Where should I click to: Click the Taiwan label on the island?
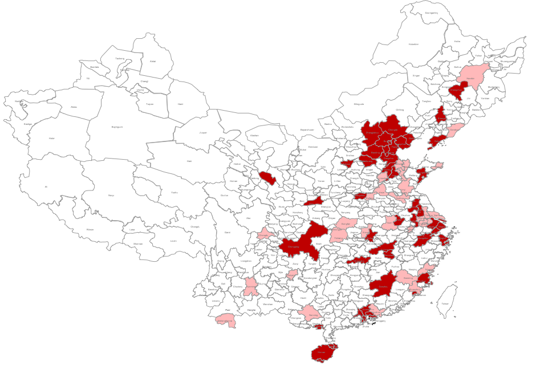point(444,304)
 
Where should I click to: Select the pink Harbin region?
point(470,78)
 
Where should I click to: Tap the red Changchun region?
point(457,90)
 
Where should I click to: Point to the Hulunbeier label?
point(413,44)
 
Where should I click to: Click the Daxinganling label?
point(432,13)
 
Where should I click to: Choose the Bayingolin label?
point(117,127)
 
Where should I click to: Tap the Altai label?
point(152,61)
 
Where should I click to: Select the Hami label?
point(181,104)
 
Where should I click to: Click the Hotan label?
point(52,138)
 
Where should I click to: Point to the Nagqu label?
point(111,196)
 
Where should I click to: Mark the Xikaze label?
point(90,229)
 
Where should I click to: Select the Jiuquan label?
point(202,132)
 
